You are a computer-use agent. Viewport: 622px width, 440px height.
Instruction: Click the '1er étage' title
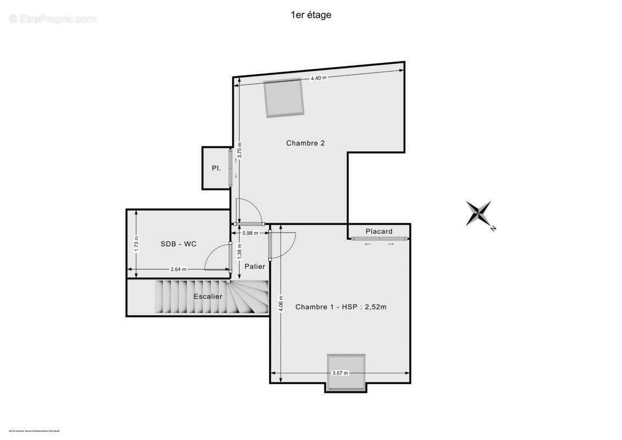pyautogui.click(x=311, y=15)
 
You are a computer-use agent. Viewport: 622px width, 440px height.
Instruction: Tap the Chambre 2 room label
pyautogui.click(x=305, y=143)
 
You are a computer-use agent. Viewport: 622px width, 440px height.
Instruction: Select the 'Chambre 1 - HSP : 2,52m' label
pyautogui.click(x=340, y=307)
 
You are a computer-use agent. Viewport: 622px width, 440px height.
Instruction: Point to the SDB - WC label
pyautogui.click(x=178, y=244)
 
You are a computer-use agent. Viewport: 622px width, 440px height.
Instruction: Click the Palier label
pyautogui.click(x=255, y=266)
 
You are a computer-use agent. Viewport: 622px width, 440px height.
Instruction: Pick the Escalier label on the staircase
pyautogui.click(x=208, y=296)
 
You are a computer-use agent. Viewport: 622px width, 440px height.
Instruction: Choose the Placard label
pyautogui.click(x=379, y=231)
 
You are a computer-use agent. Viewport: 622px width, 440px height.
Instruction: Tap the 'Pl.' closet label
pyautogui.click(x=217, y=168)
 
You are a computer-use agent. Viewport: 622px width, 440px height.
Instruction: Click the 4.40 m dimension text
pyautogui.click(x=318, y=78)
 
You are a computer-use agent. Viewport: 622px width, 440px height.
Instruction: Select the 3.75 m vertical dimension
pyautogui.click(x=239, y=151)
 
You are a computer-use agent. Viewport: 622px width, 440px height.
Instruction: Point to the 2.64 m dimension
pyautogui.click(x=178, y=269)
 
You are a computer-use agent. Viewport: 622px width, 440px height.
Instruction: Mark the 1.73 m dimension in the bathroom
pyautogui.click(x=136, y=244)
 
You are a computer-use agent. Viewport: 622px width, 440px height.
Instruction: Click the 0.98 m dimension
pyautogui.click(x=250, y=233)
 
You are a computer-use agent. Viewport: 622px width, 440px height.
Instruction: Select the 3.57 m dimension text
pyautogui.click(x=340, y=373)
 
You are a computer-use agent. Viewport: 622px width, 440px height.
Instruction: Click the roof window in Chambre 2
pyautogui.click(x=284, y=98)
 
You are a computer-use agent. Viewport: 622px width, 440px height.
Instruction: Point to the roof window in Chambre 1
pyautogui.click(x=346, y=372)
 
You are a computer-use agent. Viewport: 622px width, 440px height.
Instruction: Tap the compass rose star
pyautogui.click(x=479, y=213)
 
